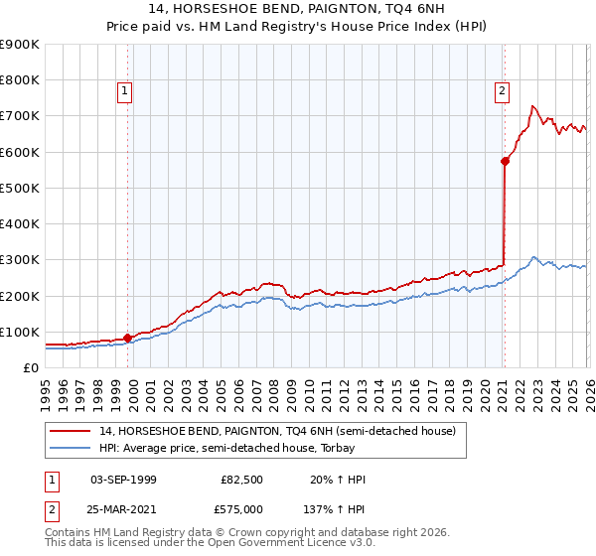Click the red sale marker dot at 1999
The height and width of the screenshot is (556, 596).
click(128, 338)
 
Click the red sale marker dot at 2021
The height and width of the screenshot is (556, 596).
click(505, 161)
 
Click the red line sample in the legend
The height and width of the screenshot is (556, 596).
click(71, 431)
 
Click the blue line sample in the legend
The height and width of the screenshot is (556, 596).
click(71, 449)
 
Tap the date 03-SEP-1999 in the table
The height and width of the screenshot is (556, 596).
click(123, 480)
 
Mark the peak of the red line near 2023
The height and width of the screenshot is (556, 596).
click(533, 105)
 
